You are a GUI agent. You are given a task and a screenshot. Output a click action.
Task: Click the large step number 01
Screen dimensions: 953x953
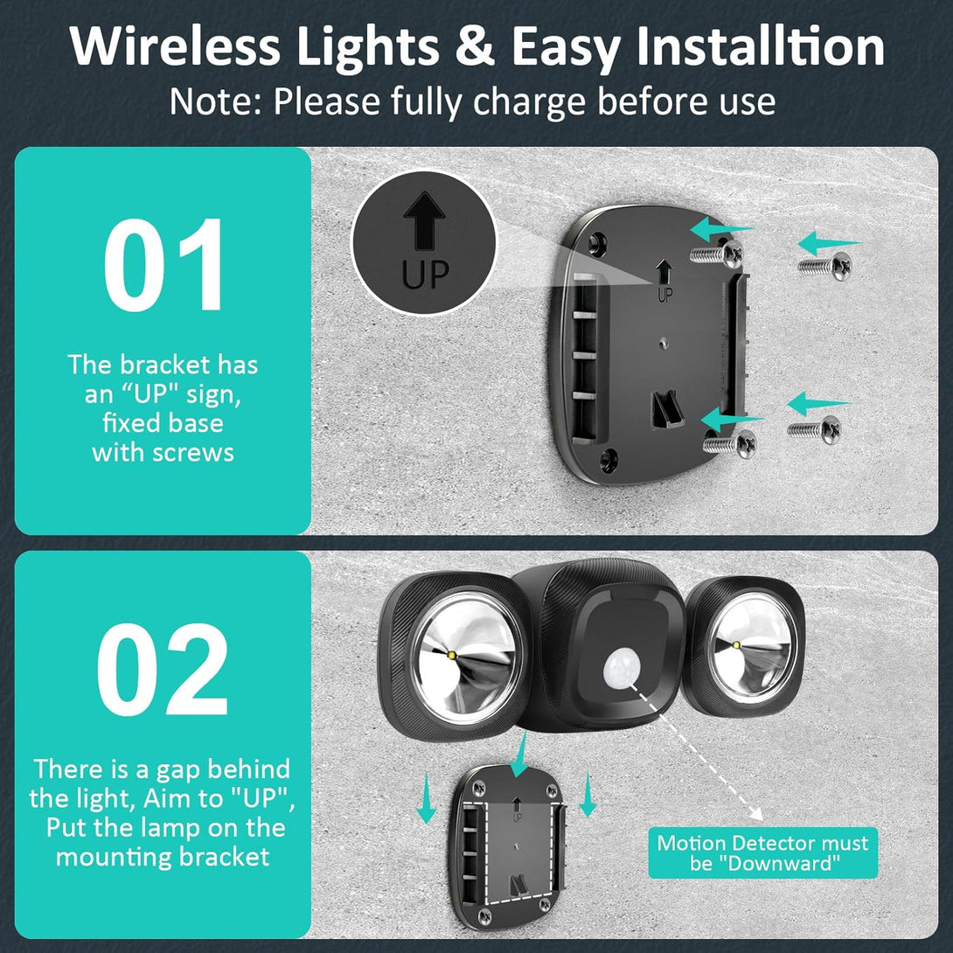click(163, 265)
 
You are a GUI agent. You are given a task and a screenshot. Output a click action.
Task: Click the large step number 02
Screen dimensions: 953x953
click(163, 669)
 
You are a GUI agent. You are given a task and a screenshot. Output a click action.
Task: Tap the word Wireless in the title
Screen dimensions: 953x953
click(175, 46)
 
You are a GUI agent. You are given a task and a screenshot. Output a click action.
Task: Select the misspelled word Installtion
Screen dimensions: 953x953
click(760, 46)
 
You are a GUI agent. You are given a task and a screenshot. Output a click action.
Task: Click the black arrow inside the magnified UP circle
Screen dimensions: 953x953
click(424, 220)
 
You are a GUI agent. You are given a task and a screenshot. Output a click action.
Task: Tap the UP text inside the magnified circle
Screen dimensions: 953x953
click(425, 275)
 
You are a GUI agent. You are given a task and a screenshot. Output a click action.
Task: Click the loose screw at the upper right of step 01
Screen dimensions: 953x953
click(824, 266)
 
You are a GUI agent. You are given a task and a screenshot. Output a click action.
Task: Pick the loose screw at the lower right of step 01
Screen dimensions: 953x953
click(815, 429)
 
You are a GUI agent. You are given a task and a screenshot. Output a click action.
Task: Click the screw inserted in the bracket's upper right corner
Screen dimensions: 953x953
click(717, 254)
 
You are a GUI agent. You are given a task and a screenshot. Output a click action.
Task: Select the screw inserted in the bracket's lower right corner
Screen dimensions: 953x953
click(730, 443)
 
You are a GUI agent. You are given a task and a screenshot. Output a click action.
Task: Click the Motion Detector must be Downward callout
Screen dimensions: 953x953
click(762, 852)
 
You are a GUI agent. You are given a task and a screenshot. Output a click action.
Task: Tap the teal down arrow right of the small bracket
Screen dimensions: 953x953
click(588, 795)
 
